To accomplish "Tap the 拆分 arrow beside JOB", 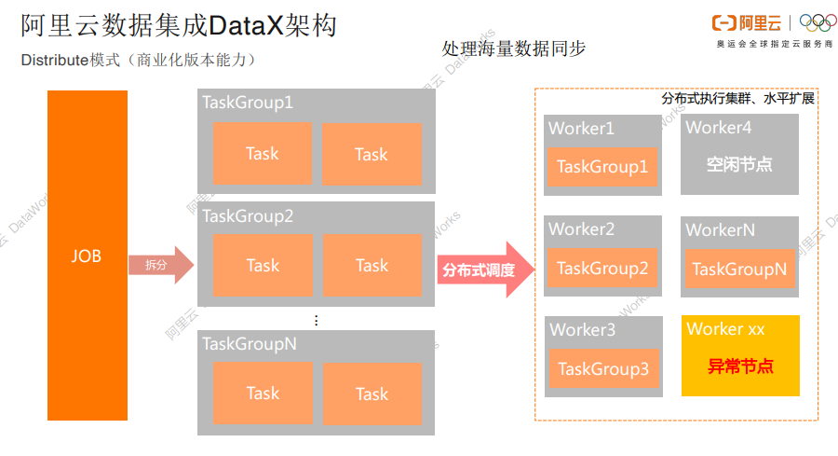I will (159, 266).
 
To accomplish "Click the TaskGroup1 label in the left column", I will (248, 103).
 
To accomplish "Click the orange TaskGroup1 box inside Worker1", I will (601, 167).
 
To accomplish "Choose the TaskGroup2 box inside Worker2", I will (601, 269).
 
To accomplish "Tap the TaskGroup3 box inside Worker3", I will (602, 369).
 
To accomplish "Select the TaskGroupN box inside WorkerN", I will (739, 269).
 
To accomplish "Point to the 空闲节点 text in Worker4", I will (739, 165).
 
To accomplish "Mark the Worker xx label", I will (725, 329).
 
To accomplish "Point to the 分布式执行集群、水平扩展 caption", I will (737, 98).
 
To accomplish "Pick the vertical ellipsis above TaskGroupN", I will (316, 321).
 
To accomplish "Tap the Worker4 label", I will (718, 128).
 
